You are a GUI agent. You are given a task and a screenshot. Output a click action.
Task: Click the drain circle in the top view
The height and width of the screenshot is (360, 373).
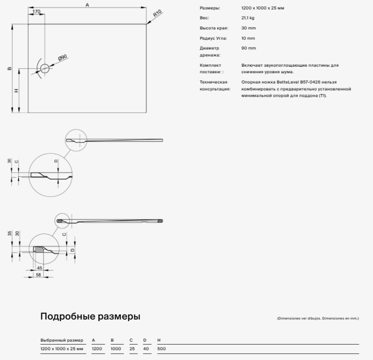[45, 69]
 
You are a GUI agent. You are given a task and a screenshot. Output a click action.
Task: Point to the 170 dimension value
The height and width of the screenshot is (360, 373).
[36, 11]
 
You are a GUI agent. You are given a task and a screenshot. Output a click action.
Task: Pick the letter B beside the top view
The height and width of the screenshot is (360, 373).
[9, 69]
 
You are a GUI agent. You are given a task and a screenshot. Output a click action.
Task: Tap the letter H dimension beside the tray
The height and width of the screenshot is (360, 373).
[16, 91]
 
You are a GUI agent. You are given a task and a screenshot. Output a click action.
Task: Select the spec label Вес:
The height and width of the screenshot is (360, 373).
[204, 18]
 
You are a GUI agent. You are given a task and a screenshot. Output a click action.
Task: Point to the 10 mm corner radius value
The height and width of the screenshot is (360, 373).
[248, 38]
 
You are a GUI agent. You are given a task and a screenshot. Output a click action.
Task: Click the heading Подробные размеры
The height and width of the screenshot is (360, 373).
[90, 317]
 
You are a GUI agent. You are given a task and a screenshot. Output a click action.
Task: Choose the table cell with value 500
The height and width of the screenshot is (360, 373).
[161, 349]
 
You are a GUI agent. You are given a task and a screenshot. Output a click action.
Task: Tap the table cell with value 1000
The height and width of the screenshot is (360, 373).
[116, 349]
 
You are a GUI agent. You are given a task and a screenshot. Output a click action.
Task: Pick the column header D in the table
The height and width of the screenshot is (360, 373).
[145, 340]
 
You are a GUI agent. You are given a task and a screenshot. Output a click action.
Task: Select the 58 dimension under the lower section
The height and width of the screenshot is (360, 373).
[38, 274]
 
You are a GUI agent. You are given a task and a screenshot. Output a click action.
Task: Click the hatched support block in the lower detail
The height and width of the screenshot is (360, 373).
[39, 248]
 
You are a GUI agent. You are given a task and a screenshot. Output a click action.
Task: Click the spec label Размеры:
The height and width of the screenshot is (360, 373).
[209, 8]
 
